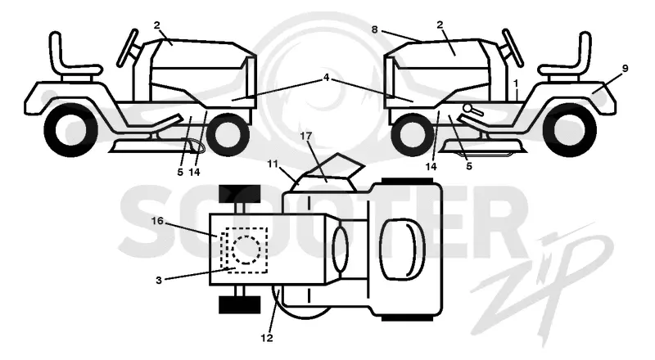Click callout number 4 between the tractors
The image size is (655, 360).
click(x=326, y=78)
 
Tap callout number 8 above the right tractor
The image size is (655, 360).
click(x=374, y=29)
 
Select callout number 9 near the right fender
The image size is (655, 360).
click(x=625, y=68)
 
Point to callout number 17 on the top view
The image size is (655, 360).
click(x=305, y=136)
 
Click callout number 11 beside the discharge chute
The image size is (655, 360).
click(x=273, y=164)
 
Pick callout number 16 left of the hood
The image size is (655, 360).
click(x=157, y=220)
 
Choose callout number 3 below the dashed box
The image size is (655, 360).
click(x=159, y=281)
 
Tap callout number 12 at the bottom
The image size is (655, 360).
click(x=267, y=338)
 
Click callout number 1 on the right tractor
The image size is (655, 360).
click(x=517, y=83)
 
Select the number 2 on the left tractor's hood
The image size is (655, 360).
click(x=156, y=25)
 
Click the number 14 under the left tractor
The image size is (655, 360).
click(x=194, y=172)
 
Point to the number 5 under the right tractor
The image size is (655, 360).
click(x=469, y=166)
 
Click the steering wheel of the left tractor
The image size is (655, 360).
click(x=127, y=47)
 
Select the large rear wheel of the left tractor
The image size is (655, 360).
click(x=70, y=129)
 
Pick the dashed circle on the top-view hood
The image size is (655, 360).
click(x=246, y=250)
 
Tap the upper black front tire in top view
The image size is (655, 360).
click(x=239, y=194)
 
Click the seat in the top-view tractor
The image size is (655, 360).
click(x=402, y=250)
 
